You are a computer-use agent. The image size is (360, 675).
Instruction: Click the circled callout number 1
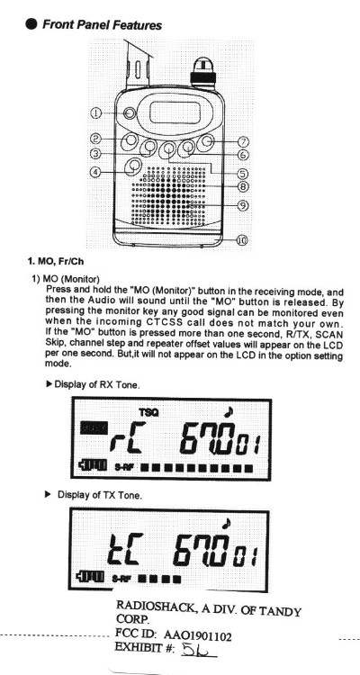pos(95,112)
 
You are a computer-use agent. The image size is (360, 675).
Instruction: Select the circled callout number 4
pos(95,172)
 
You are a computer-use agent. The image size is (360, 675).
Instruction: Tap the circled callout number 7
pos(243,141)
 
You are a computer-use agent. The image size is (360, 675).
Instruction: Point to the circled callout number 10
pos(242,239)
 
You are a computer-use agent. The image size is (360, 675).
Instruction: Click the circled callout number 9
pos(243,205)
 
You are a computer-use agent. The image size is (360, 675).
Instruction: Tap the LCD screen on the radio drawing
pos(175,112)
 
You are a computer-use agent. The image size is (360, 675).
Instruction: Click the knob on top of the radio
pos(202,70)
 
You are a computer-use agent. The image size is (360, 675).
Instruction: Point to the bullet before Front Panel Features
pos(31,24)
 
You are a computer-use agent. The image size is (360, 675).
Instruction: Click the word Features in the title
pos(137,25)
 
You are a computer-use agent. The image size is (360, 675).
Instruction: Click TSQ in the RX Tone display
pos(148,412)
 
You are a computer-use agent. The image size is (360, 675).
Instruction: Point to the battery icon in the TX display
pos(90,576)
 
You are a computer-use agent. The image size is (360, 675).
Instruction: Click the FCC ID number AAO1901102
pos(197,635)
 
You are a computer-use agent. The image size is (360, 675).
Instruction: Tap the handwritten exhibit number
pos(199,649)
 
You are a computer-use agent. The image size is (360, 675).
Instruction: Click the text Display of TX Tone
pos(100,495)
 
